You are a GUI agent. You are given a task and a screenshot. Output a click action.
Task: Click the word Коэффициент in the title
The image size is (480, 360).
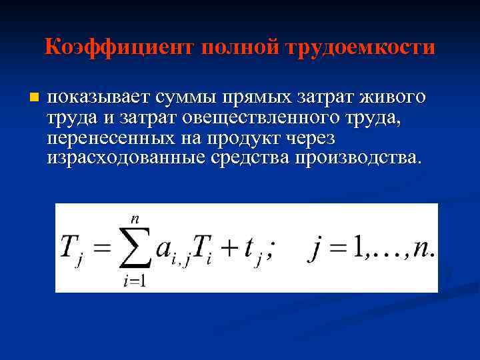[120, 47]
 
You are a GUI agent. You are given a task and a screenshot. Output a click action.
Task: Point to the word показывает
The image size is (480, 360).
[99, 98]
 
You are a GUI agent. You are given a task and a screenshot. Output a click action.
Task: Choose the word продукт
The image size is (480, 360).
[245, 138]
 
